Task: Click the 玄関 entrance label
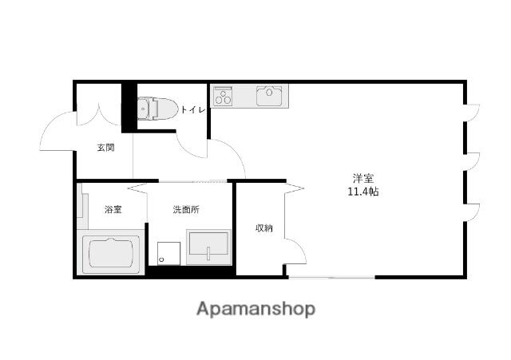tap(106, 148)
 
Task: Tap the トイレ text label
tap(193, 110)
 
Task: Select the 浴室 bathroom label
tap(113, 209)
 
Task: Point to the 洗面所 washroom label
tap(186, 209)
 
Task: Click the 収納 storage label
tap(263, 228)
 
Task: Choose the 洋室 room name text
tap(363, 178)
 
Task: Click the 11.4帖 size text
tap(363, 192)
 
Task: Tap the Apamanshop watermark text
tap(255, 309)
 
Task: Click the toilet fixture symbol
tap(157, 108)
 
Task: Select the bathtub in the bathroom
tap(111, 253)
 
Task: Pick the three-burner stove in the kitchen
tap(223, 96)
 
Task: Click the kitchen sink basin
tap(269, 96)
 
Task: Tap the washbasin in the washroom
tap(208, 247)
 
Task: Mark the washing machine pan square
tap(168, 254)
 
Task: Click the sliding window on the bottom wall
tap(332, 277)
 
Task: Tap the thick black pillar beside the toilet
tap(129, 108)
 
